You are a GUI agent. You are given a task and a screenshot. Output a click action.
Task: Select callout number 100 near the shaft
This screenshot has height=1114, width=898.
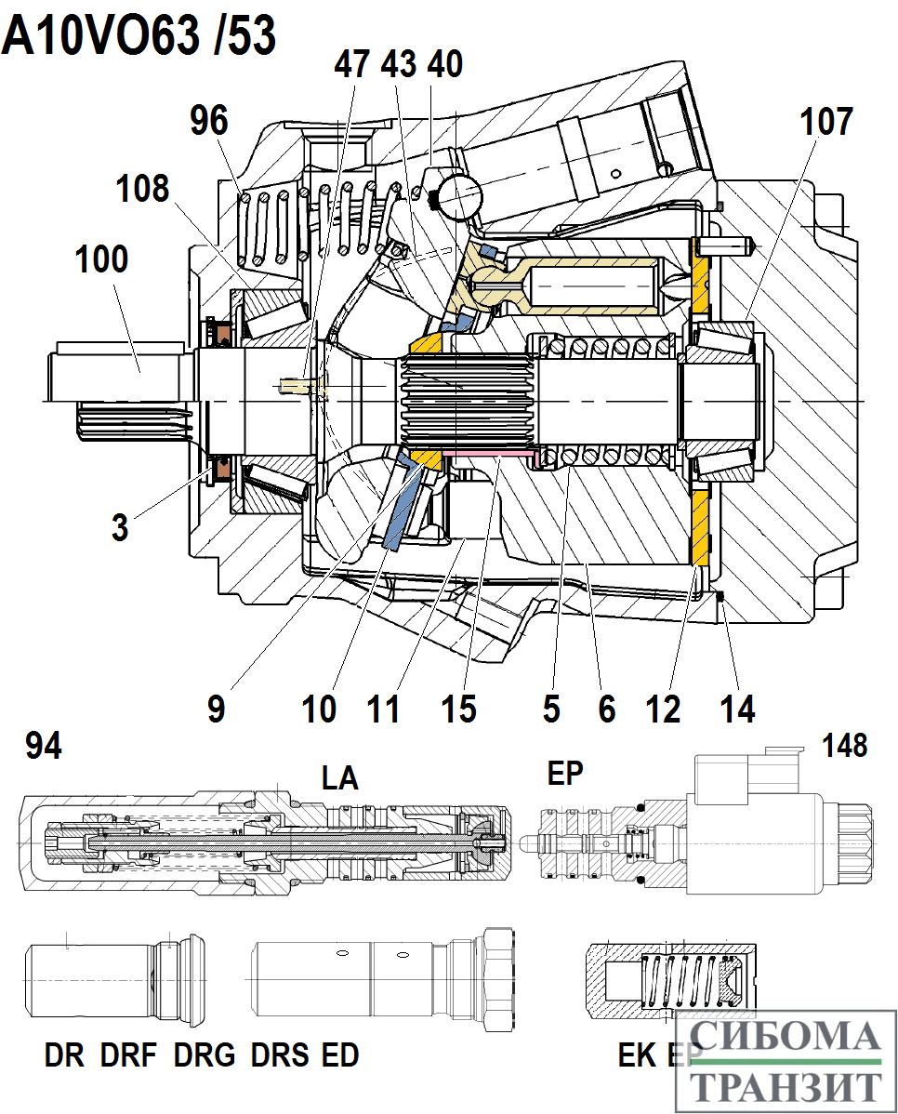(101, 259)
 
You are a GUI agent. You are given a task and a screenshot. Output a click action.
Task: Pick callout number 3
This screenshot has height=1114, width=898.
(120, 526)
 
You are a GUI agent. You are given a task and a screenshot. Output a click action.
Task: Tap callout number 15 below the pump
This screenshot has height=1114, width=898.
(458, 709)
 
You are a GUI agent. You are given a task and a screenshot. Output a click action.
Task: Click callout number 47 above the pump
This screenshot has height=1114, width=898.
(351, 65)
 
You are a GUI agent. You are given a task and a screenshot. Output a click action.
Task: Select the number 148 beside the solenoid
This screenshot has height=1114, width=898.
(845, 745)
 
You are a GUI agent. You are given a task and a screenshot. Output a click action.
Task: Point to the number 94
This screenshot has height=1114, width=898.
(44, 745)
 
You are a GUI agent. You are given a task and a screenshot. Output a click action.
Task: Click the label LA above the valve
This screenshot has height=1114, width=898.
(339, 778)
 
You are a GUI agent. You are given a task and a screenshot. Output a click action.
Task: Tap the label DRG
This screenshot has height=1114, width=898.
(205, 1055)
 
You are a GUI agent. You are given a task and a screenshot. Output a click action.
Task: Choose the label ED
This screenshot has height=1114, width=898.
(339, 1055)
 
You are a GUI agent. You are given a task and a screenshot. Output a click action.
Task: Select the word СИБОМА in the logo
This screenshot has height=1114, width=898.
(786, 1035)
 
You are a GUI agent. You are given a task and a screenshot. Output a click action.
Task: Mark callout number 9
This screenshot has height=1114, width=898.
(216, 709)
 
